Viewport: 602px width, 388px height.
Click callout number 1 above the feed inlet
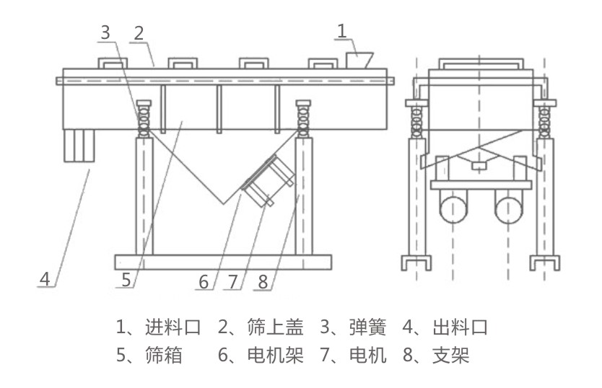click(x=342, y=30)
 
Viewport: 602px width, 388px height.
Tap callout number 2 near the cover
click(x=139, y=33)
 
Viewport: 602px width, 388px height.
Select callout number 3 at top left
click(x=105, y=32)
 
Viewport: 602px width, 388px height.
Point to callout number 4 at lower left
click(x=45, y=278)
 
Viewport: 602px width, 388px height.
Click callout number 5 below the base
click(x=126, y=280)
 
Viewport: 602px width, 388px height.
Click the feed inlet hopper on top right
click(x=359, y=60)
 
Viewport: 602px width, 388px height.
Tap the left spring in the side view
click(x=144, y=118)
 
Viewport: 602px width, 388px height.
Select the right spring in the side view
click(x=302, y=118)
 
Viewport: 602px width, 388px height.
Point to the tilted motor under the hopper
click(x=267, y=180)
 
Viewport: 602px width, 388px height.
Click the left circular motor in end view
click(x=454, y=210)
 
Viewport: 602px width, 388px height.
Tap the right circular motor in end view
click(x=509, y=210)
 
